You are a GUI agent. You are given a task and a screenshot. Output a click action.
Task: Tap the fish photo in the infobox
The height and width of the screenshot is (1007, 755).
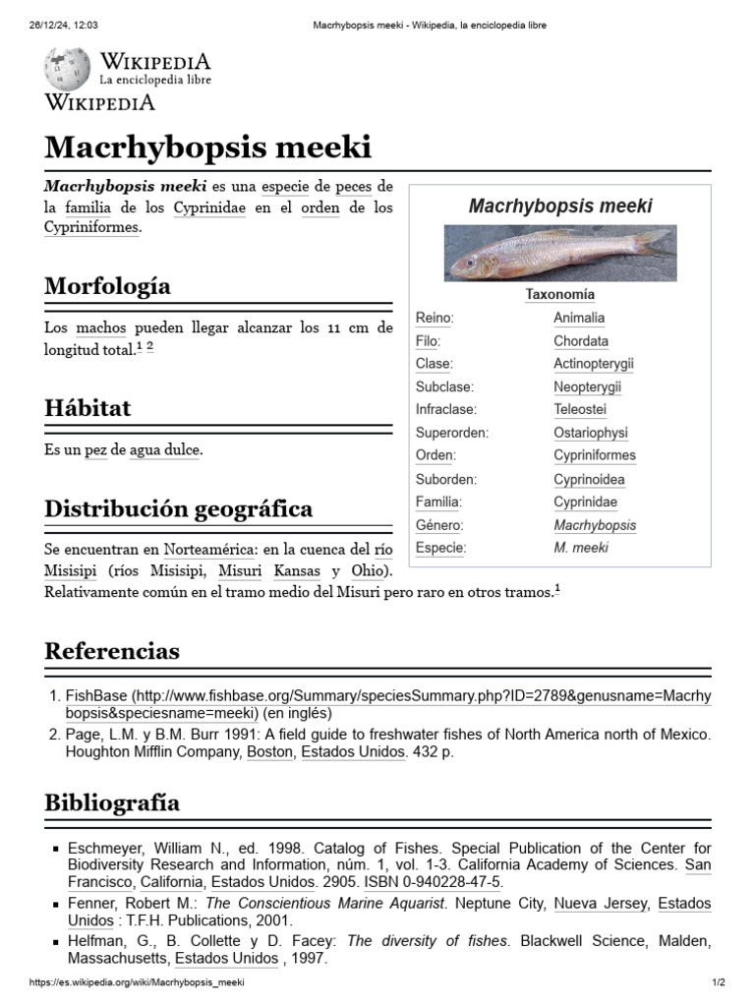tap(559, 255)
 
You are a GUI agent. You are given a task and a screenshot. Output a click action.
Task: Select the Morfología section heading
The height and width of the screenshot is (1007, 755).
tap(107, 286)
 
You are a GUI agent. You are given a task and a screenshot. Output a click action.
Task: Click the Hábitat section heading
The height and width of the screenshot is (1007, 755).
tap(87, 408)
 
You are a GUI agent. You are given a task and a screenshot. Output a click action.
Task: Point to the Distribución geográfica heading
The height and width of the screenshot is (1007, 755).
tap(178, 509)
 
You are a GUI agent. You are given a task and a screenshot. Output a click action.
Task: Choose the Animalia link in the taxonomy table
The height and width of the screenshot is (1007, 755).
tap(579, 318)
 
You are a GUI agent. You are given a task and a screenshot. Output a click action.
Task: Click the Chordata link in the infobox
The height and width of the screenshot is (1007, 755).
tap(580, 341)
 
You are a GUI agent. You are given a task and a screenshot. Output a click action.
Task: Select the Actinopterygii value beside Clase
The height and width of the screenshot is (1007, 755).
tap(593, 364)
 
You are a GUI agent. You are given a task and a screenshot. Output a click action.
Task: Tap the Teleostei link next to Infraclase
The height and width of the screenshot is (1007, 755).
tap(579, 409)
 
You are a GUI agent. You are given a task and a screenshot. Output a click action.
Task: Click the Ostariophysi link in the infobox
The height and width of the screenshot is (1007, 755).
tap(590, 433)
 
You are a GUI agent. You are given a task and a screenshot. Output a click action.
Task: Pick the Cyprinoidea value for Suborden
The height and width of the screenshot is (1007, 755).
tap(589, 480)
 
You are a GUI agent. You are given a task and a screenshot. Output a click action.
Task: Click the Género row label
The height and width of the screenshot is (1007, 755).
tap(437, 525)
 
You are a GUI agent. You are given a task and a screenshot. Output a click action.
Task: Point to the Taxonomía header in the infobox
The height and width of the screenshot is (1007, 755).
tap(559, 294)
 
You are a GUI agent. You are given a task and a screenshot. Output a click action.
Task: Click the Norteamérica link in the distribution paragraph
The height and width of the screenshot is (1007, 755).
tap(210, 549)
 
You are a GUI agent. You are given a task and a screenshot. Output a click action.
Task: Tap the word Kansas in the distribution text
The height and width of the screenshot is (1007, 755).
tap(297, 571)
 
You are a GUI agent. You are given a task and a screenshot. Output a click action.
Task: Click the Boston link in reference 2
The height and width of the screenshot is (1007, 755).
tap(269, 752)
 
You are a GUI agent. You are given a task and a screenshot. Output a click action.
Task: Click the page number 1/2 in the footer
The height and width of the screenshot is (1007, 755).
tap(718, 982)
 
